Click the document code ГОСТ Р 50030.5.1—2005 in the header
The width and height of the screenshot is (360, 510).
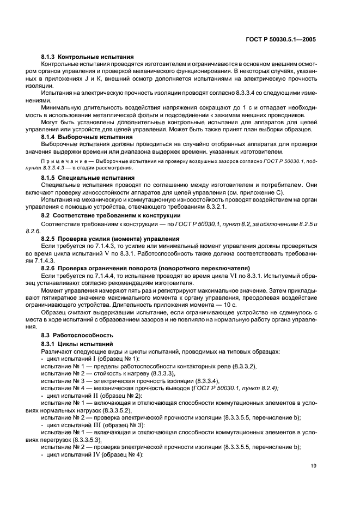point(282,39)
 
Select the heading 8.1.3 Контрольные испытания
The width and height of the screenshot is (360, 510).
point(88,57)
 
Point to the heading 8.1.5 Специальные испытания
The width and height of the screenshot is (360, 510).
point(88,178)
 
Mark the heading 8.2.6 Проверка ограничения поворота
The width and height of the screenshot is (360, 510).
point(145,268)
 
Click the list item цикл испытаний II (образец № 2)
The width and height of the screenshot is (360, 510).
point(94,394)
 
